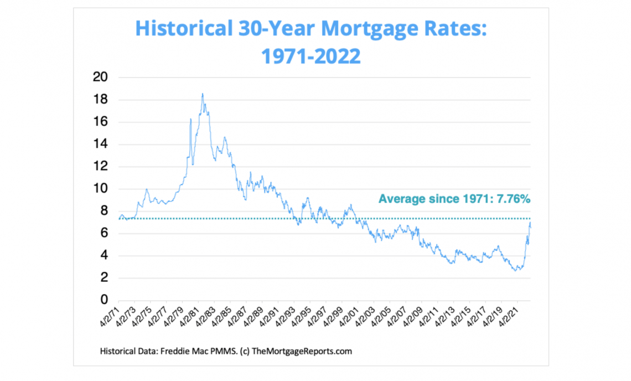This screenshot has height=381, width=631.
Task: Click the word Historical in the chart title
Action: [x=184, y=28]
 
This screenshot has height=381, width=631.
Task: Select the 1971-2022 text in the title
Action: [x=311, y=56]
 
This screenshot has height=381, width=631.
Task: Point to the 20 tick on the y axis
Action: [x=100, y=77]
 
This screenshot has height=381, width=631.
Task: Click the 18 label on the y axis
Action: [x=100, y=100]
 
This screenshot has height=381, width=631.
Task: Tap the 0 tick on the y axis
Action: [x=104, y=299]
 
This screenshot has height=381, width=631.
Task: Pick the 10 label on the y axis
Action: [x=100, y=188]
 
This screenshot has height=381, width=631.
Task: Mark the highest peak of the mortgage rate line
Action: [x=203, y=94]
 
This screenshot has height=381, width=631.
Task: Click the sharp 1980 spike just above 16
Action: [x=190, y=119]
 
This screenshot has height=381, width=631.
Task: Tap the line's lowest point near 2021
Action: [x=515, y=270]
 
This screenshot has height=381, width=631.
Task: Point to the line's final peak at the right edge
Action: [x=530, y=222]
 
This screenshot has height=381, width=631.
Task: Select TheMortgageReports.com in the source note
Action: [x=302, y=351]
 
